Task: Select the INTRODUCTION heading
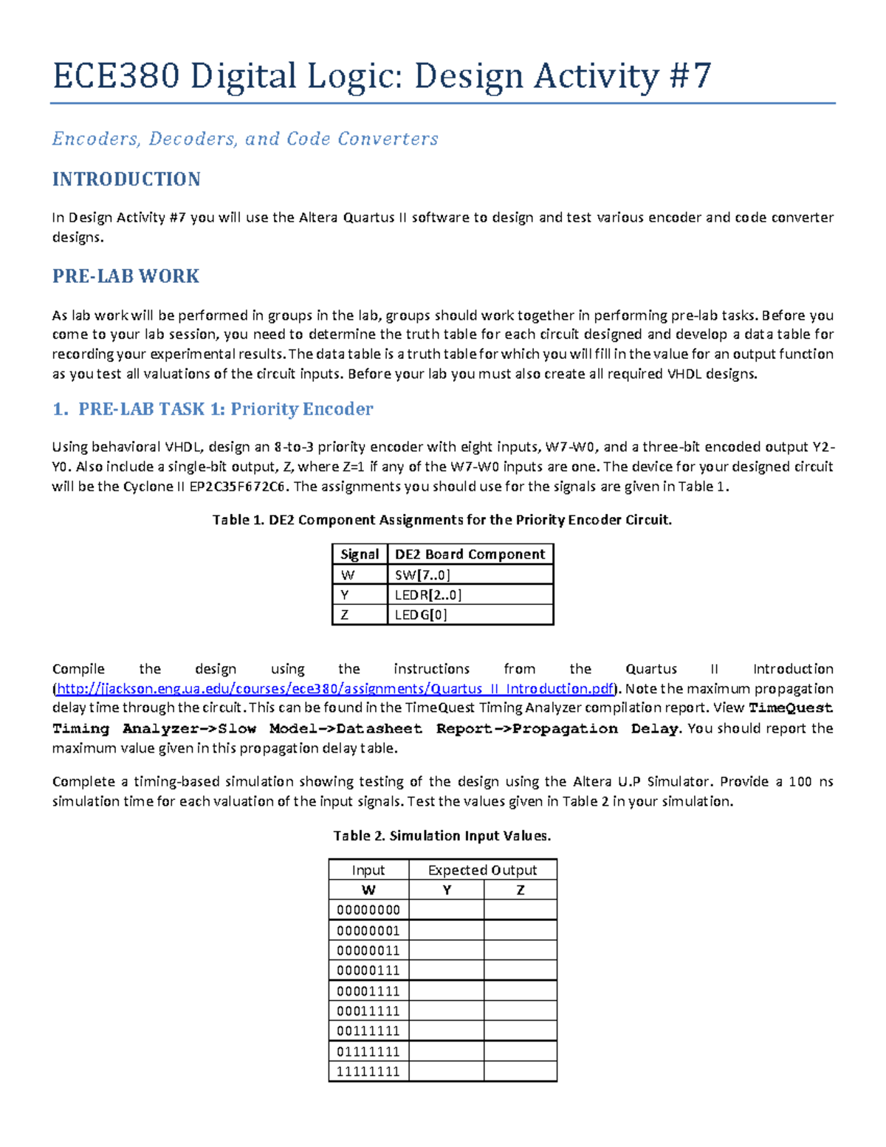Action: [126, 179]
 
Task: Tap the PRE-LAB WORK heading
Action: [126, 276]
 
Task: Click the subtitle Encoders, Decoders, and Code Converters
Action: [245, 139]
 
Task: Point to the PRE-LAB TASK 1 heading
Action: [213, 409]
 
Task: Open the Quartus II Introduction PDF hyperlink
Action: [335, 688]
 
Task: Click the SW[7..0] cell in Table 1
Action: [422, 575]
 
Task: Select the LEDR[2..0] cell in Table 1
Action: [428, 595]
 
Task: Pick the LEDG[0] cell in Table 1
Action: [421, 614]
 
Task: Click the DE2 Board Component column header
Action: [470, 554]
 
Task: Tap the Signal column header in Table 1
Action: [360, 554]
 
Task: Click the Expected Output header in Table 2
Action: [482, 870]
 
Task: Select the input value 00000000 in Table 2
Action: [368, 910]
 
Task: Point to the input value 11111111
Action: [368, 1072]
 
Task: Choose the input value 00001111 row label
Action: [368, 990]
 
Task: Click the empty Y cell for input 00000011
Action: [446, 951]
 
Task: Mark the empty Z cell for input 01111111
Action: [521, 1051]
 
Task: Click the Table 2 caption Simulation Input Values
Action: [442, 836]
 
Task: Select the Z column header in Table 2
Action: [521, 890]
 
